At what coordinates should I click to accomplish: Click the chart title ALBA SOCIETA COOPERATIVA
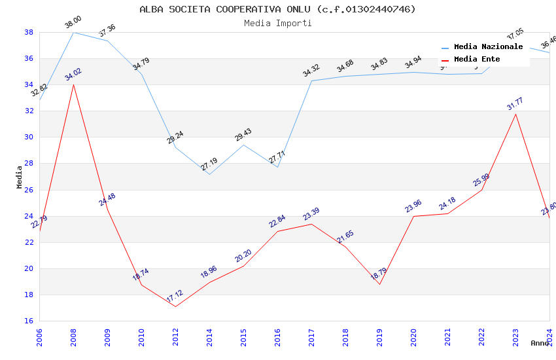click(277, 9)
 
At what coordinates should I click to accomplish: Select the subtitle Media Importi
click(277, 23)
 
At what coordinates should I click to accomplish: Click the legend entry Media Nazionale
click(488, 47)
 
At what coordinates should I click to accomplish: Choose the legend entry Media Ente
click(477, 60)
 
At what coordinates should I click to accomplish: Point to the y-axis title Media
click(20, 177)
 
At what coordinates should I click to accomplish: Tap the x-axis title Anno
click(540, 343)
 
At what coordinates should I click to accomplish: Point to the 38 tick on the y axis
click(29, 32)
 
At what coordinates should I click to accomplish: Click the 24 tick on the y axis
click(29, 216)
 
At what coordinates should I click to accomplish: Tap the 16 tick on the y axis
click(29, 321)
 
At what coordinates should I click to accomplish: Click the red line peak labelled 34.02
click(73, 84)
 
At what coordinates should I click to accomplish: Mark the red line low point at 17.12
click(175, 306)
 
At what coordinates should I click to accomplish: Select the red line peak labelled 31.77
click(515, 114)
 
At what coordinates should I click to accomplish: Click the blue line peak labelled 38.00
click(73, 32)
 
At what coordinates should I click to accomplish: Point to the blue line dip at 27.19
click(209, 174)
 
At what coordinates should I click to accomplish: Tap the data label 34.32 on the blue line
click(311, 70)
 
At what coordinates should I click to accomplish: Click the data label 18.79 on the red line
click(379, 274)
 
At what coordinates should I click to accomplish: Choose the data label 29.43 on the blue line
click(243, 135)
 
